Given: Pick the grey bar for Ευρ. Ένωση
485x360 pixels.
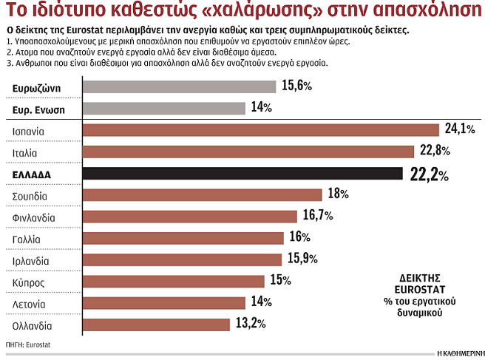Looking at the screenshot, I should [163, 109].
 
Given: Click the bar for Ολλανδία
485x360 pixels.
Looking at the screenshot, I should [155, 324].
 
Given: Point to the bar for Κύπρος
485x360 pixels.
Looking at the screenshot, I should [174, 281].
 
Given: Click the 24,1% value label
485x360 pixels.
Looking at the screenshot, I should [458, 129].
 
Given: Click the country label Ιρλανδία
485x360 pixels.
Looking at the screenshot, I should [31, 261].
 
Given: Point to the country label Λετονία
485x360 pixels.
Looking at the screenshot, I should [30, 304].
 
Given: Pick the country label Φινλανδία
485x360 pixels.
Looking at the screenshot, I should [35, 217].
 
